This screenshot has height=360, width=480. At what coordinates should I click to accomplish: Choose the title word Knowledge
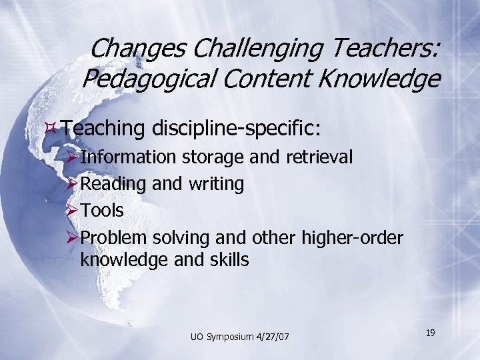[x=378, y=79]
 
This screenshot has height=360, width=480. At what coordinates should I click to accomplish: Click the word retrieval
[x=319, y=157]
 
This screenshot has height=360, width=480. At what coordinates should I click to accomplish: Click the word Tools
[x=102, y=210]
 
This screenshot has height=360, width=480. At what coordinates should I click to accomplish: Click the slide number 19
[x=431, y=331]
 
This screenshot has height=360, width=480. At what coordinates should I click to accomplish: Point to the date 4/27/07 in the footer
[x=275, y=337]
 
